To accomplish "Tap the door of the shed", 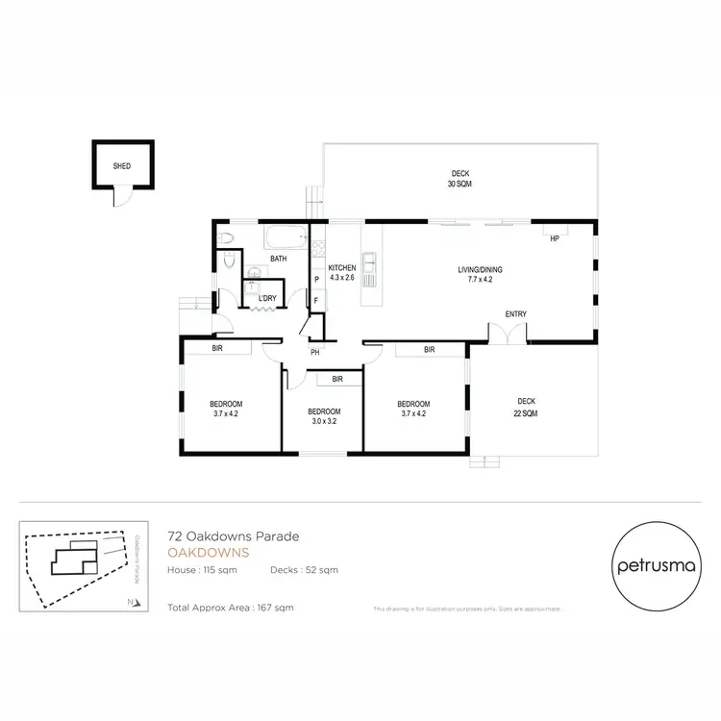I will (120, 195).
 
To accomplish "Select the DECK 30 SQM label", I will (459, 178).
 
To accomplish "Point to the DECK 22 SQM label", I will (526, 407).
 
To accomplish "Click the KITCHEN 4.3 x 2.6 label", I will (342, 272).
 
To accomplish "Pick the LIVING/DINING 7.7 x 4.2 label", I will (480, 274).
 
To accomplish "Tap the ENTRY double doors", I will (509, 333).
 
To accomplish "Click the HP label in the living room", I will (554, 240).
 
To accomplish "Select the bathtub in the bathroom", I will (286, 236).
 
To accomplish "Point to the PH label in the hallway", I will (314, 353).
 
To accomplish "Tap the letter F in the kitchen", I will (316, 300).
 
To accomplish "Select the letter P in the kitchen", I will (316, 280).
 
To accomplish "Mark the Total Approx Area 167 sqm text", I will (230, 608).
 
